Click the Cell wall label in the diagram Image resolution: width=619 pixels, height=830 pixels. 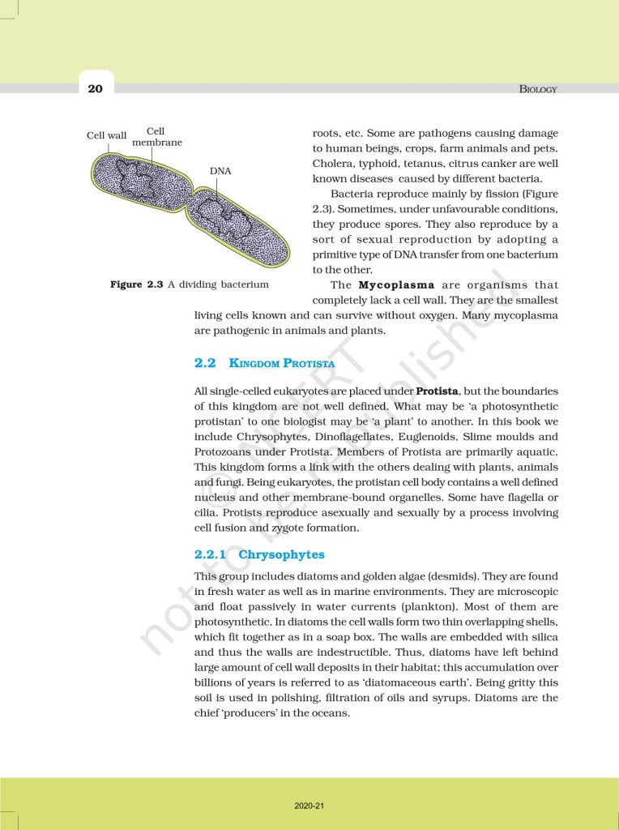(107, 135)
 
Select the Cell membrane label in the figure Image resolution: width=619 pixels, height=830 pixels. (156, 137)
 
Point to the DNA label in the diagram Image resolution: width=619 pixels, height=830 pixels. (220, 171)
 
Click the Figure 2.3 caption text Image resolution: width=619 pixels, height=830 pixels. (190, 285)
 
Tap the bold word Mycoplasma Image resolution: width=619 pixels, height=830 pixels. (397, 285)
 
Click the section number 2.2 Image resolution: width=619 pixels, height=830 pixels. (205, 364)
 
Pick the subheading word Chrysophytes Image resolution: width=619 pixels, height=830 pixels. (280, 554)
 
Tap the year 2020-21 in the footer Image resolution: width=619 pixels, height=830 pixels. (309, 806)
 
